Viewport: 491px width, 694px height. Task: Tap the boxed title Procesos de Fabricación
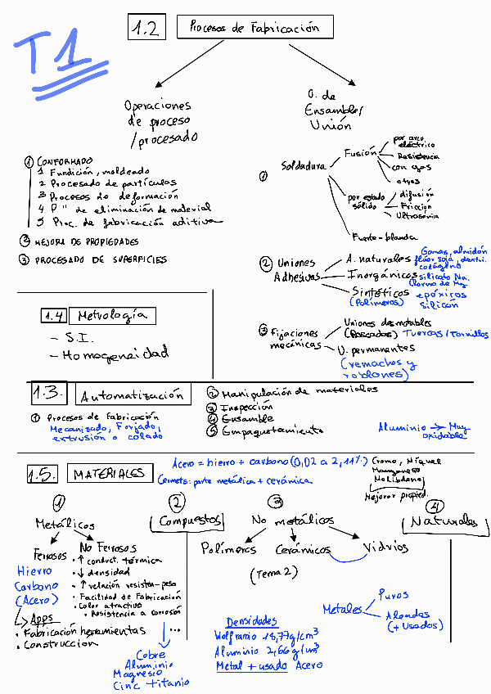254,27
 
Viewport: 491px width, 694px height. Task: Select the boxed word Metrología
113,315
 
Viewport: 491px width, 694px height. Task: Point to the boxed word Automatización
133,396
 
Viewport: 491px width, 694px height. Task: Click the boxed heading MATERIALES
109,473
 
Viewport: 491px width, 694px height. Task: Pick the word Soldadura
303,165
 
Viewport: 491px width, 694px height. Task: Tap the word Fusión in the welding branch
360,152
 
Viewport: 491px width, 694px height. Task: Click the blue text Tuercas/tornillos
445,334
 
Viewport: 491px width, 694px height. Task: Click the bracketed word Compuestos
191,520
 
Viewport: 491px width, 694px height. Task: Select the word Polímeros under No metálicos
228,549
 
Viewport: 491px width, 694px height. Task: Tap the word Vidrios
385,547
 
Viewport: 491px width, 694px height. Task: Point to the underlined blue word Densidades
251,621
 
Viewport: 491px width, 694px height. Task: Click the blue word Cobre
151,655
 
